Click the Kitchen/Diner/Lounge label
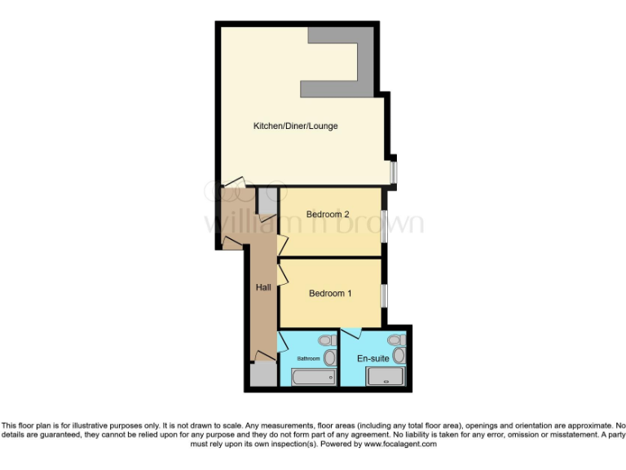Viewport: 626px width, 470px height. [x=295, y=126]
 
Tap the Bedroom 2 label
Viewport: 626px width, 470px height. [x=328, y=215]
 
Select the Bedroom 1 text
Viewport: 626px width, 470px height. [x=330, y=294]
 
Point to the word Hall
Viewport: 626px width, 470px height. [x=263, y=287]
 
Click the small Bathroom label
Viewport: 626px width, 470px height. [x=308, y=358]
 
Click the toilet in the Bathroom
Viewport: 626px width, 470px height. [x=326, y=340]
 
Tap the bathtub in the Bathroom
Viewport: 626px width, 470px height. [x=314, y=377]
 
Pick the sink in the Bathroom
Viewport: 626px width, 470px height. [x=330, y=358]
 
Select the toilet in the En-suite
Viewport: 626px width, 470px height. [x=395, y=339]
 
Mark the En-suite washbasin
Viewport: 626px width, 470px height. [x=399, y=356]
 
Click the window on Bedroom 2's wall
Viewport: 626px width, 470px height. [x=384, y=224]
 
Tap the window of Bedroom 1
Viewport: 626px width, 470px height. [x=384, y=294]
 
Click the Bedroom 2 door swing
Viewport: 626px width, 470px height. [x=282, y=243]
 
